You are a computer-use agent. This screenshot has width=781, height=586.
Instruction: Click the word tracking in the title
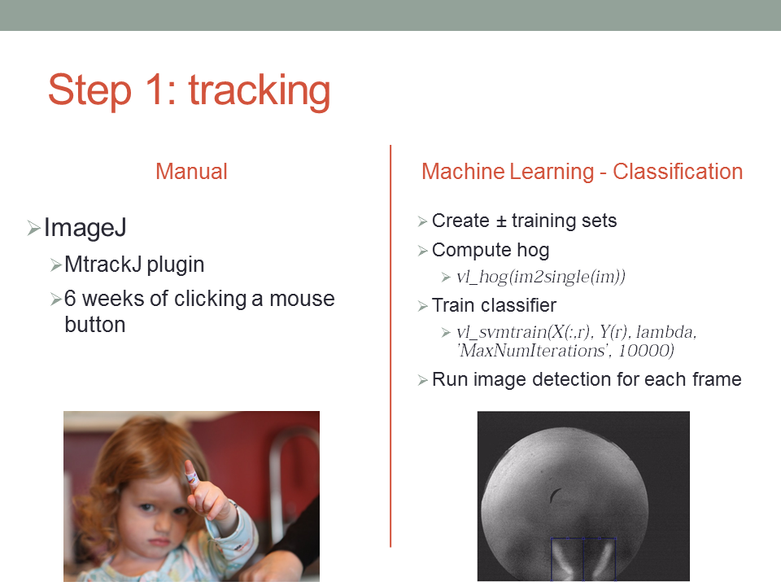click(260, 90)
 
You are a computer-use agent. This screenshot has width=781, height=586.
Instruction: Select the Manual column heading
click(192, 172)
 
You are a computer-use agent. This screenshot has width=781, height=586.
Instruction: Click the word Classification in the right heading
click(678, 172)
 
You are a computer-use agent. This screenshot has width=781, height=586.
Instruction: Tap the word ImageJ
click(85, 228)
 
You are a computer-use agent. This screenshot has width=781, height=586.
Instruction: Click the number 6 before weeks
click(70, 299)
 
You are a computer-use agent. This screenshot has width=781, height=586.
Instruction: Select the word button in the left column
click(95, 325)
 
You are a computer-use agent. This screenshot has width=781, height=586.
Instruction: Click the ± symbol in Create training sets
click(500, 221)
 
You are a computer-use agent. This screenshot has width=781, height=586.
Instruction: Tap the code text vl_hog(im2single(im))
click(541, 277)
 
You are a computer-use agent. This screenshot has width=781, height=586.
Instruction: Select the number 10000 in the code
click(645, 351)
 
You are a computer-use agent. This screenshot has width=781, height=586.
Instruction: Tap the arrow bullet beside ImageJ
click(33, 228)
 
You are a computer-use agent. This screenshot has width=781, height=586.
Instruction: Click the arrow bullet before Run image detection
click(423, 381)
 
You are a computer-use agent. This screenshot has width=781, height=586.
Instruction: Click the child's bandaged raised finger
click(191, 475)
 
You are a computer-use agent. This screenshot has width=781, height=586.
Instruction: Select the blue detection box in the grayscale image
click(583, 538)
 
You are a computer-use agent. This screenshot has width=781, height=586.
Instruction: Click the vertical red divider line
click(390, 347)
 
